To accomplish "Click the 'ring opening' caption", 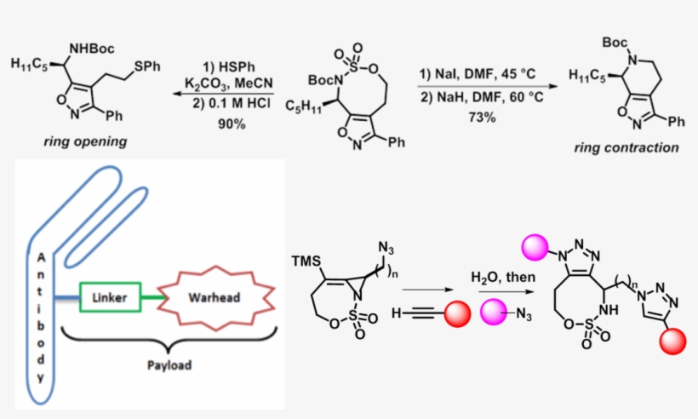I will tap(86, 142).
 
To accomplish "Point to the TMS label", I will tap(304, 259).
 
